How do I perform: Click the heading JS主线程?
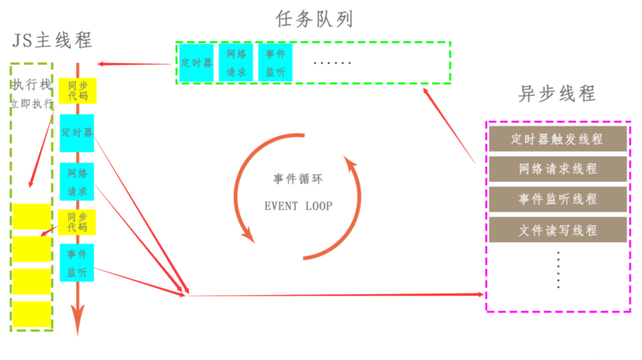(52, 40)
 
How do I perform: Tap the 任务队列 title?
(314, 19)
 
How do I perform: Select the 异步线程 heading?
(557, 94)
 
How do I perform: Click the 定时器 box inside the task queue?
(196, 62)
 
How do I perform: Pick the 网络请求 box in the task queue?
(236, 62)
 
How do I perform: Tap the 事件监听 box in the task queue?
(275, 62)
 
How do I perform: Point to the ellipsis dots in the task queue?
(332, 62)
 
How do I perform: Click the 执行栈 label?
(32, 84)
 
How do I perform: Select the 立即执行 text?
(32, 104)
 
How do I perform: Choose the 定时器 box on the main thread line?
(77, 132)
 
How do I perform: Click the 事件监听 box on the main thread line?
(77, 263)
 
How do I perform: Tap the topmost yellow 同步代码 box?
(77, 90)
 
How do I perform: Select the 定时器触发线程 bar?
(557, 139)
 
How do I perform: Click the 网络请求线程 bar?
(557, 169)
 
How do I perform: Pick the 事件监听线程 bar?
(557, 200)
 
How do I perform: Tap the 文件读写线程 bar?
(557, 230)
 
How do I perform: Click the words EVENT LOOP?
(298, 206)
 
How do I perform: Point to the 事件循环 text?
(298, 179)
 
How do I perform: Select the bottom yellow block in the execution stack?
(32, 314)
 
